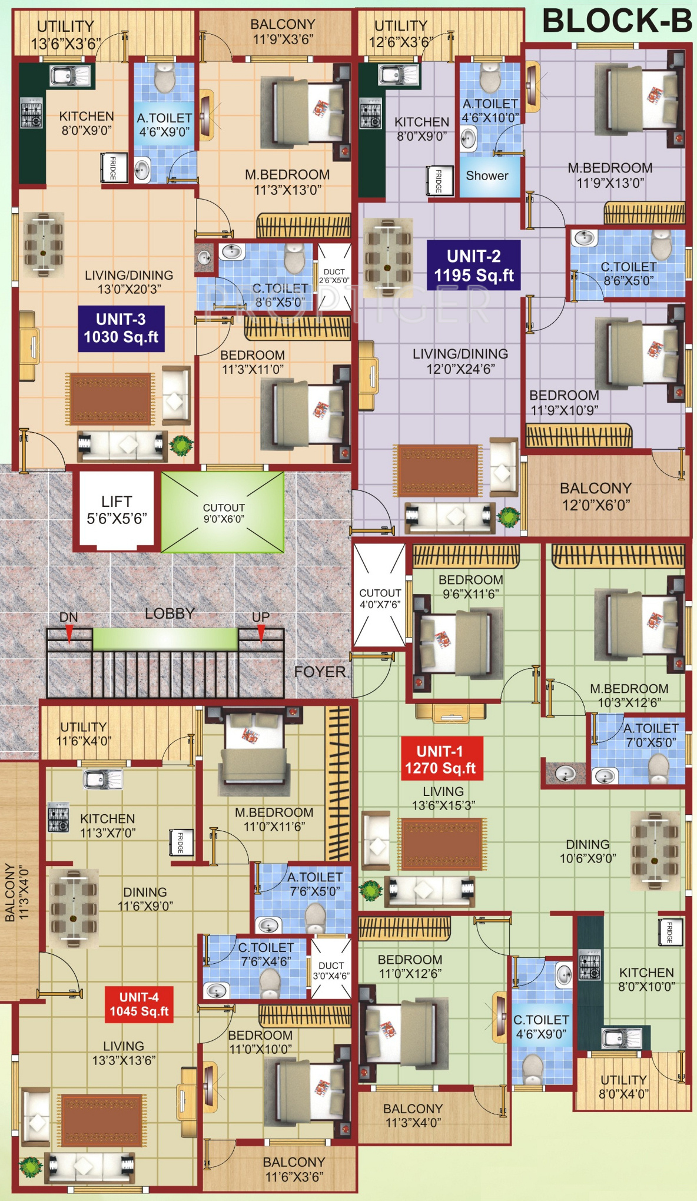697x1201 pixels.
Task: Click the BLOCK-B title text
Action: tap(617, 22)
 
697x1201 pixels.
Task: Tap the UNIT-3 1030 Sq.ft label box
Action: tap(121, 329)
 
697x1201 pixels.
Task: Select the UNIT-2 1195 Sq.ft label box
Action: tap(474, 266)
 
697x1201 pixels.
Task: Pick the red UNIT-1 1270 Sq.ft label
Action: tap(440, 759)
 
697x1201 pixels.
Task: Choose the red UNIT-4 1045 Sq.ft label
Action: tap(140, 1004)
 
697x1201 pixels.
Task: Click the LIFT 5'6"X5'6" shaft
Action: tap(117, 510)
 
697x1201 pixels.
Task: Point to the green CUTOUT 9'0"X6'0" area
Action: tap(223, 512)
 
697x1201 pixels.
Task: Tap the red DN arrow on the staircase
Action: tap(69, 633)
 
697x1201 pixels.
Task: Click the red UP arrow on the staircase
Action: tap(261, 633)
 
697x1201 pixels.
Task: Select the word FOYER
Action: tap(320, 672)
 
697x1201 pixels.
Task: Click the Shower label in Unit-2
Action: tap(487, 175)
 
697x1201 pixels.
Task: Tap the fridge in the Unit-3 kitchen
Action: tap(113, 168)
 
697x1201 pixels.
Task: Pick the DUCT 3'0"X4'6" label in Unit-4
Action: tap(331, 971)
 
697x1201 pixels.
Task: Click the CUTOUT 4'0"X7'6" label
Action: tap(380, 599)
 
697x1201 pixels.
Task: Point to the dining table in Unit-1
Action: tap(655, 850)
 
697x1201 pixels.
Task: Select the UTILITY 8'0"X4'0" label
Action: tap(623, 1087)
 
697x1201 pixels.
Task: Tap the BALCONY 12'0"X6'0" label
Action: tap(596, 496)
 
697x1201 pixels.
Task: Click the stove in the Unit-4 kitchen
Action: tap(58, 817)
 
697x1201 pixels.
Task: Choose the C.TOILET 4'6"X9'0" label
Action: tap(541, 1027)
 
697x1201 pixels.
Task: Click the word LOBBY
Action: tap(170, 613)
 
